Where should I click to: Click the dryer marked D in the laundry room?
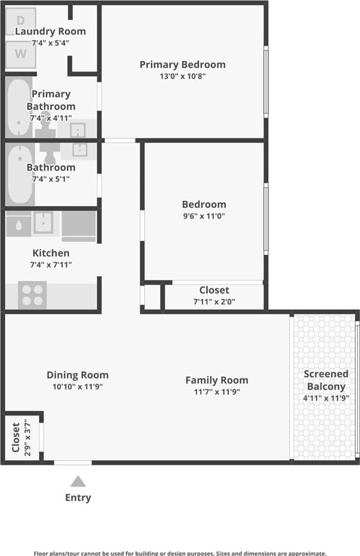(21, 21)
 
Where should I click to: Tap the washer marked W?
(21, 54)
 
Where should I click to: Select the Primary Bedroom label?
(183, 64)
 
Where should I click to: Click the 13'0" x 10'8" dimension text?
(183, 76)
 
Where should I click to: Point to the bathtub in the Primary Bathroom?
(19, 107)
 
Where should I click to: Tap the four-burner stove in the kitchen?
(32, 295)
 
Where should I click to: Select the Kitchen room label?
(51, 253)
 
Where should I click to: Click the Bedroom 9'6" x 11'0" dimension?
(204, 216)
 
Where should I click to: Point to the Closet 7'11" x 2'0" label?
(214, 296)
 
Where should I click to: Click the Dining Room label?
(78, 375)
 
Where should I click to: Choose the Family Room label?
(217, 380)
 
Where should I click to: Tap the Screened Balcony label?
(326, 380)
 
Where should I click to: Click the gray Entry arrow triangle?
(78, 481)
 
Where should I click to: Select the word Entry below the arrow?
(78, 498)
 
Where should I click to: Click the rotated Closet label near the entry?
(16, 437)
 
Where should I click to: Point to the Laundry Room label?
(50, 31)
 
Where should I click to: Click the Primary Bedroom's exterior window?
(266, 81)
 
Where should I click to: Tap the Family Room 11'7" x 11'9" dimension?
(217, 392)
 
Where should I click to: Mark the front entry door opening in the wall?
(73, 462)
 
